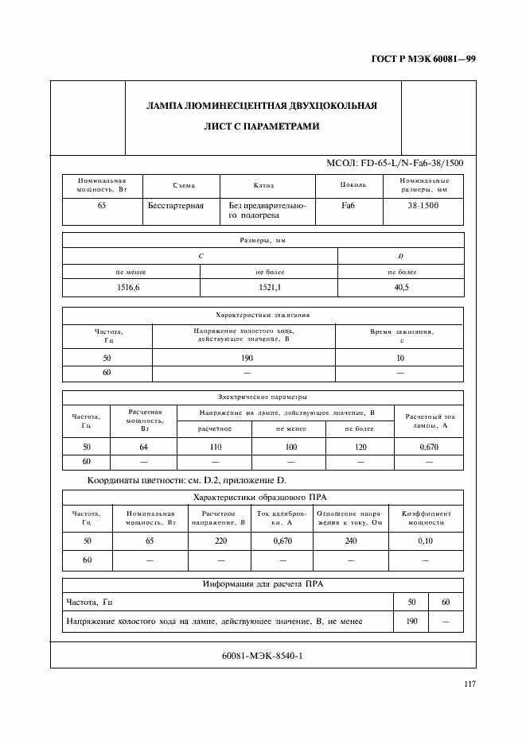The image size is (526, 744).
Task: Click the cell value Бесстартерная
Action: [x=176, y=205]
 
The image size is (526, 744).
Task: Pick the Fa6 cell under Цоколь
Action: [x=348, y=205]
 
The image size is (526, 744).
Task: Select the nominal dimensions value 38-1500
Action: [x=423, y=205]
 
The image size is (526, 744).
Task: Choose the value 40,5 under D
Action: [x=400, y=288]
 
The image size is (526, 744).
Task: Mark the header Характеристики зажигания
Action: [x=263, y=315]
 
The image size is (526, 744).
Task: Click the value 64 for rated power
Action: [x=144, y=447]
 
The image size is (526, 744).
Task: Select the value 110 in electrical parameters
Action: [x=215, y=447]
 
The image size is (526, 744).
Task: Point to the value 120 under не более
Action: [x=360, y=447]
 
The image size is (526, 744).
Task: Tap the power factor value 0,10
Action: [x=425, y=541]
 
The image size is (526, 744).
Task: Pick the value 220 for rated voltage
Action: [x=220, y=541]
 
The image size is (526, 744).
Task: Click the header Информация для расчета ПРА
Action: [x=263, y=583]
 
